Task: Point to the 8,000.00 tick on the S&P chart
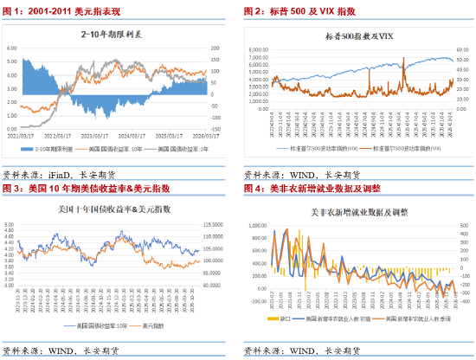[260, 50]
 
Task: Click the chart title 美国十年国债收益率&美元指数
[110, 210]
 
